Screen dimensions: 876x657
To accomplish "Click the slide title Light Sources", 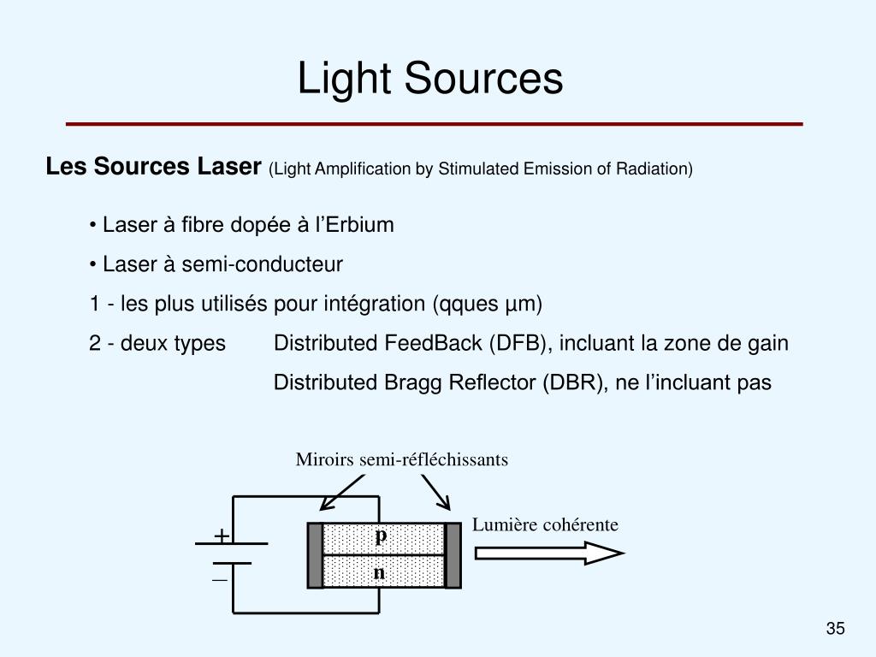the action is pyautogui.click(x=430, y=79).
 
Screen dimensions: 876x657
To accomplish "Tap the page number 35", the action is pyautogui.click(x=835, y=630).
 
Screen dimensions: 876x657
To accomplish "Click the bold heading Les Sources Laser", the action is pyautogui.click(x=153, y=167).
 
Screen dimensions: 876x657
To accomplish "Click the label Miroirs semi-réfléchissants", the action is pyautogui.click(x=402, y=460).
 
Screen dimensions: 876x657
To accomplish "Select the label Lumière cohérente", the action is pyautogui.click(x=545, y=524).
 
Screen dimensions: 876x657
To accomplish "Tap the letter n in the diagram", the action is pyautogui.click(x=379, y=572).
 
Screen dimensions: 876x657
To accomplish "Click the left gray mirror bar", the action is pyautogui.click(x=316, y=555).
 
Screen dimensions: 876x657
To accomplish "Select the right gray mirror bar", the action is pyautogui.click(x=453, y=555).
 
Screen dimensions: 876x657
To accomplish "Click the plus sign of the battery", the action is pyautogui.click(x=222, y=536).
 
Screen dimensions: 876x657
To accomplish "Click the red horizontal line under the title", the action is pyautogui.click(x=435, y=124).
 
